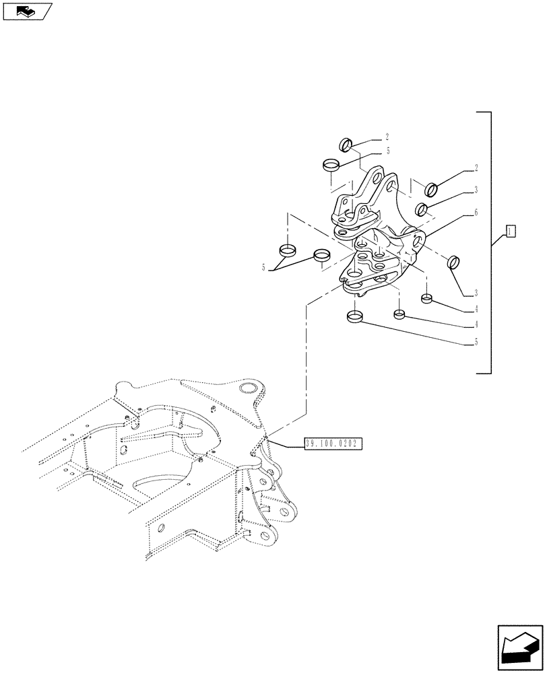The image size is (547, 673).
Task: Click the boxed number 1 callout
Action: point(511,232)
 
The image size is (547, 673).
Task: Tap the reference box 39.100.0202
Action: point(333,444)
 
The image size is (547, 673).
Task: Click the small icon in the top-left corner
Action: point(27,11)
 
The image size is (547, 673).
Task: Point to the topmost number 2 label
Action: point(387,137)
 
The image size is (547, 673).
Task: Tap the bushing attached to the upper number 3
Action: point(422,209)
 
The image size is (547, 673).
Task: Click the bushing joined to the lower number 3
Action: point(454,261)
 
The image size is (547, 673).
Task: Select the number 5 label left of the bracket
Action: point(264,268)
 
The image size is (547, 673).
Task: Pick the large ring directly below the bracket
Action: point(355,316)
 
